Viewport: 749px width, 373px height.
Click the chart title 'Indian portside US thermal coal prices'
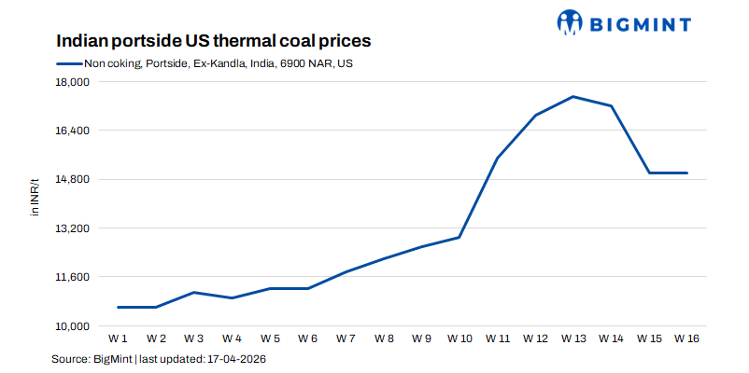[214, 42]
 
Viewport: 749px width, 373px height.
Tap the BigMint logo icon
[572, 21]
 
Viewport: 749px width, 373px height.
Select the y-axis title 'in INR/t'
[35, 196]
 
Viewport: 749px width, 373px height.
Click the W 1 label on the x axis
[118, 338]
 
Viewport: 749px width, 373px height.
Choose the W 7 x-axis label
[346, 338]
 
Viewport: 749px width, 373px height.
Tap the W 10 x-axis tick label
[459, 338]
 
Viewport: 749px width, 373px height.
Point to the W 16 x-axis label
[687, 338]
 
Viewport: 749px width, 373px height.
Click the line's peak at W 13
[573, 96]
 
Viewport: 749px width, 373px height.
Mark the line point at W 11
[498, 159]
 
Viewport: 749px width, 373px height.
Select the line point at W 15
[649, 173]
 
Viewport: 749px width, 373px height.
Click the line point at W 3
[193, 292]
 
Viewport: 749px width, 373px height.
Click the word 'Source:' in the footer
[70, 358]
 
